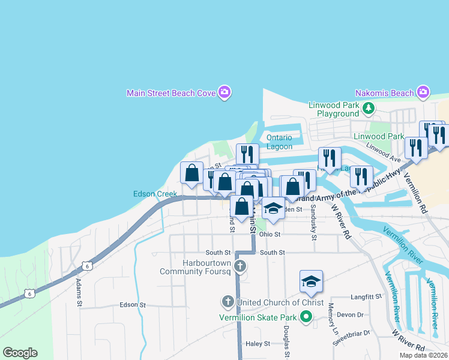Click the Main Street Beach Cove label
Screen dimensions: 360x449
pyautogui.click(x=172, y=93)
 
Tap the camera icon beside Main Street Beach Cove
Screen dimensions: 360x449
pyautogui.click(x=224, y=92)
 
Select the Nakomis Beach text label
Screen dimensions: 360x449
pyautogui.click(x=384, y=93)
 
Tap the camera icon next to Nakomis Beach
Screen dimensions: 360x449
pyautogui.click(x=423, y=92)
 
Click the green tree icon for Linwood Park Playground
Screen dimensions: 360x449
pyautogui.click(x=369, y=109)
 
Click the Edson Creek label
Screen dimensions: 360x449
pyautogui.click(x=155, y=194)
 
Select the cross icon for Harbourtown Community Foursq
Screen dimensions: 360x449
pyautogui.click(x=240, y=266)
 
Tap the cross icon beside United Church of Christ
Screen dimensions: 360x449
pyautogui.click(x=228, y=301)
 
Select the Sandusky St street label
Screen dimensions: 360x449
pyautogui.click(x=313, y=223)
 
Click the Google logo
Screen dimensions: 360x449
pyautogui.click(x=20, y=353)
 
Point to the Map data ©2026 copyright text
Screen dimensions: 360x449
pyautogui.click(x=423, y=355)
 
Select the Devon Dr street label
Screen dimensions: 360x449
pyautogui.click(x=351, y=314)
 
